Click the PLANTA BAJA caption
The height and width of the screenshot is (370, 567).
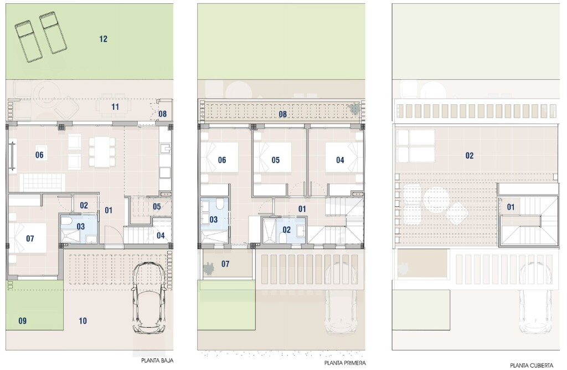pyautogui.click(x=157, y=361)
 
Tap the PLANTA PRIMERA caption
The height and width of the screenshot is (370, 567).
pyautogui.click(x=345, y=363)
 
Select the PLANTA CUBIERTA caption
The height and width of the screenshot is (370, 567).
pyautogui.click(x=532, y=366)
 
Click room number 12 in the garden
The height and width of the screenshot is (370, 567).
pyautogui.click(x=103, y=39)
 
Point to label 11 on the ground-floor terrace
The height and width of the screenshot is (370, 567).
pyautogui.click(x=115, y=107)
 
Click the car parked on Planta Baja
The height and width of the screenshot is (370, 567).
pyautogui.click(x=149, y=298)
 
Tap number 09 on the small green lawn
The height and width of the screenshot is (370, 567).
pyautogui.click(x=22, y=321)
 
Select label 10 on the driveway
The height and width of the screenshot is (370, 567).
pyautogui.click(x=83, y=321)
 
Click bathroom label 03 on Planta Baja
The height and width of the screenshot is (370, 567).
pyautogui.click(x=81, y=226)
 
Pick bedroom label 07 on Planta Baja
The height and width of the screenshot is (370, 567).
pyautogui.click(x=30, y=239)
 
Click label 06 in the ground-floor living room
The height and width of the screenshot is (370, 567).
pyautogui.click(x=39, y=155)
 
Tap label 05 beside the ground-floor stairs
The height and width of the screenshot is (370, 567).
pyautogui.click(x=157, y=206)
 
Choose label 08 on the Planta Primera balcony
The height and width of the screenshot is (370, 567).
pyautogui.click(x=283, y=114)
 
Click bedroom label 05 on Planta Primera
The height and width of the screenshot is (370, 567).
pyautogui.click(x=276, y=160)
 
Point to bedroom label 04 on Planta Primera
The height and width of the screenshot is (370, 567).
pyautogui.click(x=340, y=160)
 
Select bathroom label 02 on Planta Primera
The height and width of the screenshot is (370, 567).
pyautogui.click(x=287, y=230)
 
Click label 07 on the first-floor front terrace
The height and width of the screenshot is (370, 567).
pyautogui.click(x=225, y=264)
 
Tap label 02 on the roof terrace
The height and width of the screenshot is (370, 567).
pyautogui.click(x=470, y=155)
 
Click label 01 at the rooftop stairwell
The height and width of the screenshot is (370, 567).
pyautogui.click(x=511, y=207)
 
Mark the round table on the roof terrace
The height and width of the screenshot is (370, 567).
pyautogui.click(x=436, y=199)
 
